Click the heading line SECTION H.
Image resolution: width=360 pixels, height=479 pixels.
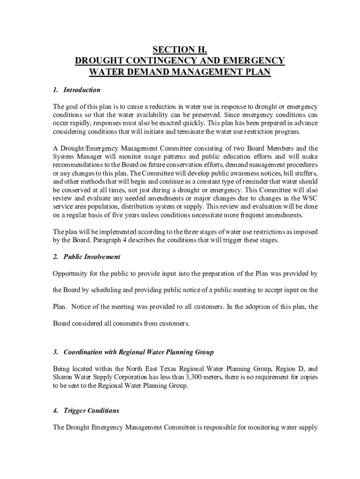(x=180, y=50)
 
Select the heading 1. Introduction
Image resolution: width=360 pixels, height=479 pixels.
(x=77, y=90)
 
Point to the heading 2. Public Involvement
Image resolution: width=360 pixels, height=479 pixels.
(x=86, y=257)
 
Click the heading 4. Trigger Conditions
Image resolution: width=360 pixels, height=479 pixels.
(x=86, y=411)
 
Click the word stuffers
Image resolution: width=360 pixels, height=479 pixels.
(x=304, y=174)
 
